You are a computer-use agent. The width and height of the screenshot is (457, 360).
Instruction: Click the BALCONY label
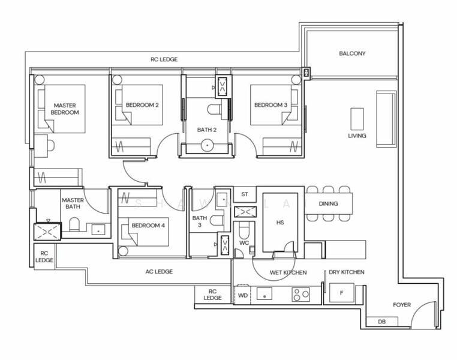(x=352, y=53)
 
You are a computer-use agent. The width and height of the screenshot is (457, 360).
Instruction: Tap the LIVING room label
(x=357, y=136)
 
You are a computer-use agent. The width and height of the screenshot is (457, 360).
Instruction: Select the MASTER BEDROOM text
(x=65, y=109)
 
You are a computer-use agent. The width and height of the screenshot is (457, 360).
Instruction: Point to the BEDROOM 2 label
(x=142, y=105)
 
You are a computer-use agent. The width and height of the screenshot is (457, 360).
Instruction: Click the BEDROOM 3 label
(x=270, y=105)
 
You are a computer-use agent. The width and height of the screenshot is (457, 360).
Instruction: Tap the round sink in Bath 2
(x=208, y=145)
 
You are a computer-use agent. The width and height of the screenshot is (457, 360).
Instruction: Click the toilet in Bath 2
(x=216, y=109)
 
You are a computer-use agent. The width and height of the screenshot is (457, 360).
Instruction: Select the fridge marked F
(x=341, y=293)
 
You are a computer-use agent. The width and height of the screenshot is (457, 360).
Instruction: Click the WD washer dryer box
(x=243, y=295)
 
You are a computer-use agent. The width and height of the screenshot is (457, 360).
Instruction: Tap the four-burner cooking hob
(x=300, y=294)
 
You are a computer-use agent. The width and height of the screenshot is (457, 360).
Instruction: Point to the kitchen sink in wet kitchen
(x=264, y=294)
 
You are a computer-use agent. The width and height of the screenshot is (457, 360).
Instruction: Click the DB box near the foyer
(x=381, y=322)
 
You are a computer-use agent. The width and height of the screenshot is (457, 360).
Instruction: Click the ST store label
(x=244, y=194)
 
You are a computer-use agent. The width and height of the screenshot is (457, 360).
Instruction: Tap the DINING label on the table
(x=328, y=204)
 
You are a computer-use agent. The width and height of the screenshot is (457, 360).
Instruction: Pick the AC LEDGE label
(x=159, y=272)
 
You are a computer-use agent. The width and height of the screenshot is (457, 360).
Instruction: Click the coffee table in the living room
(x=357, y=118)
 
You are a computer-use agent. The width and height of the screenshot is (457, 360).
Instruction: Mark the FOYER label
(x=402, y=305)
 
